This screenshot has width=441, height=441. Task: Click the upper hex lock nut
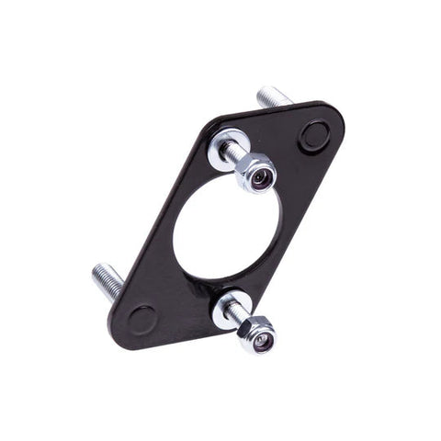click(257, 171)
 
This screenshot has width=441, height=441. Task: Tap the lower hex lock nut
click(256, 336)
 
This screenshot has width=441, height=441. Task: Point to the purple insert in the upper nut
click(263, 175)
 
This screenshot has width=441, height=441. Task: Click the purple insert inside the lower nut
click(263, 340)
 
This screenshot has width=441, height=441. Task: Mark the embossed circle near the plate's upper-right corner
click(313, 135)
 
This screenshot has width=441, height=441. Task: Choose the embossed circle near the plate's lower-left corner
click(142, 319)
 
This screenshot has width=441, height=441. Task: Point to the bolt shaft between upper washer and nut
click(241, 159)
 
